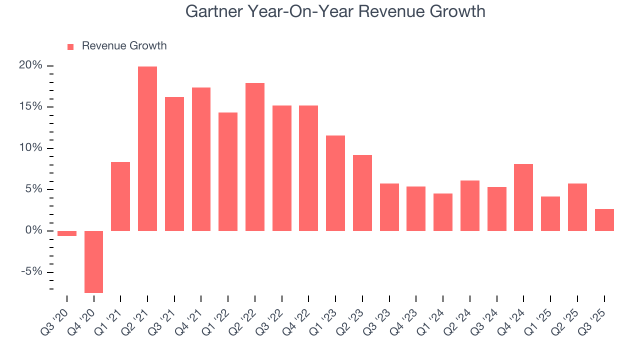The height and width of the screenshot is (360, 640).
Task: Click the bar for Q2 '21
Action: tap(147, 148)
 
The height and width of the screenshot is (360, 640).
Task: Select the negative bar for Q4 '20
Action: tap(93, 261)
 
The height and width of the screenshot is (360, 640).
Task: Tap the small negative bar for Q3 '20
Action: tap(67, 233)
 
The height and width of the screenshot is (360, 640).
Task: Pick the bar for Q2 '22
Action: tap(255, 157)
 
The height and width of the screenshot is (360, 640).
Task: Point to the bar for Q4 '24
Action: tap(523, 197)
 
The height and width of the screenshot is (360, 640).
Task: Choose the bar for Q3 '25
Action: tap(604, 220)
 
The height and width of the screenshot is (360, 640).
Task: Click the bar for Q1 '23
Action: tap(335, 183)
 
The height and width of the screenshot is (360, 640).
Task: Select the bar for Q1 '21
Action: tap(120, 196)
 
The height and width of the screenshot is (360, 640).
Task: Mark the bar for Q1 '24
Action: tap(443, 212)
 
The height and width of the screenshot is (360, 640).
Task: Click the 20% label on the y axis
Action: tap(30, 66)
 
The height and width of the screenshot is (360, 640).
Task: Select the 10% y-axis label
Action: tap(30, 148)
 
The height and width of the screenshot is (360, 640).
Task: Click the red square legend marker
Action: tap(70, 46)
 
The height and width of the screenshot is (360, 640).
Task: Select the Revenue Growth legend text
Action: tap(124, 46)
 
